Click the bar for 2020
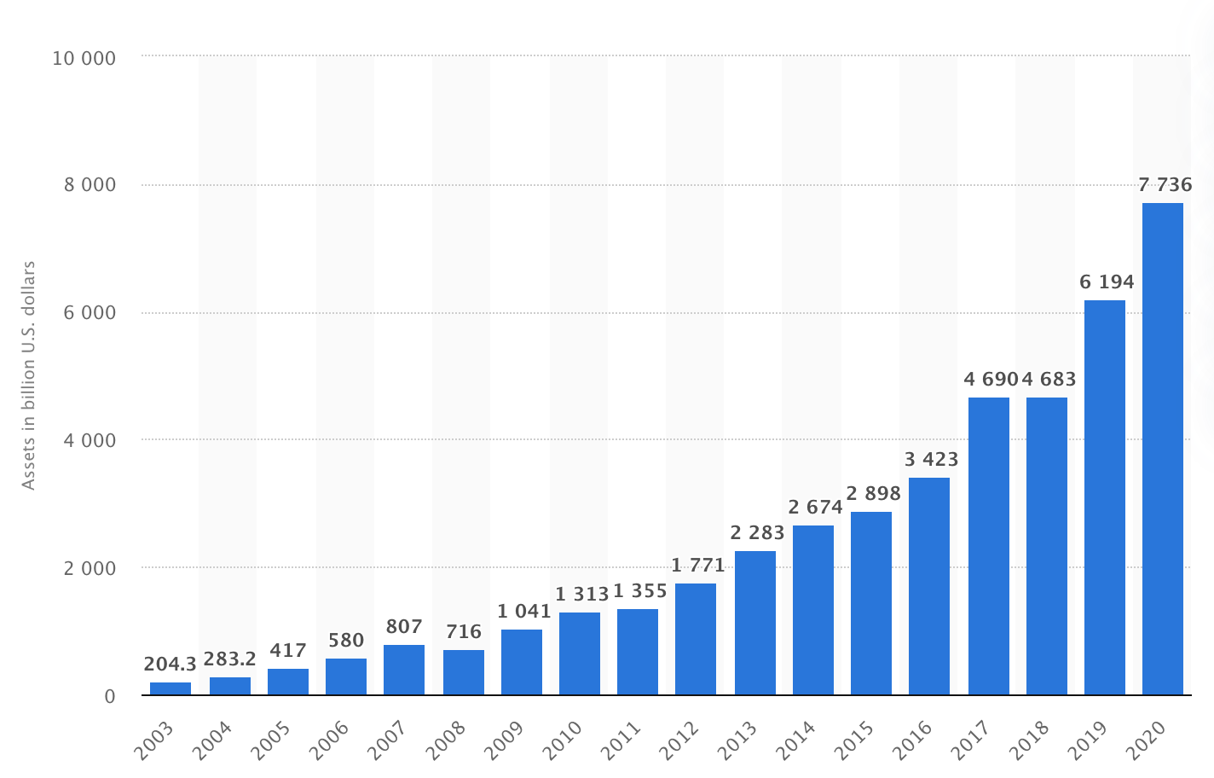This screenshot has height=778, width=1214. (1162, 449)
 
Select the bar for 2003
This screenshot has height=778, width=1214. (171, 688)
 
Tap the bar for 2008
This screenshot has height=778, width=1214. (463, 672)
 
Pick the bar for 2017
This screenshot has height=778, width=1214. (988, 546)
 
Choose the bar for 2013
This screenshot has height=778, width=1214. (754, 623)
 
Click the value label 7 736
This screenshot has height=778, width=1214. (1165, 184)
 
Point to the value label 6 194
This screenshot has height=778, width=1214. (1107, 282)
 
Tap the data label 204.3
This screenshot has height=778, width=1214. (171, 663)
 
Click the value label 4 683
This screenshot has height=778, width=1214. (1049, 379)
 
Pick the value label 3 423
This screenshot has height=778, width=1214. (931, 459)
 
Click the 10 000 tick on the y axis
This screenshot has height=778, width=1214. (84, 58)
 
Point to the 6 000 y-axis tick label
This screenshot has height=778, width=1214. (89, 313)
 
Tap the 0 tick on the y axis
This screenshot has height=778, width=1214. (109, 696)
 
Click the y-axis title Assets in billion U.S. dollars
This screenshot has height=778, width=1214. (28, 375)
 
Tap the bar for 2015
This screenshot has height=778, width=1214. (870, 603)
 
